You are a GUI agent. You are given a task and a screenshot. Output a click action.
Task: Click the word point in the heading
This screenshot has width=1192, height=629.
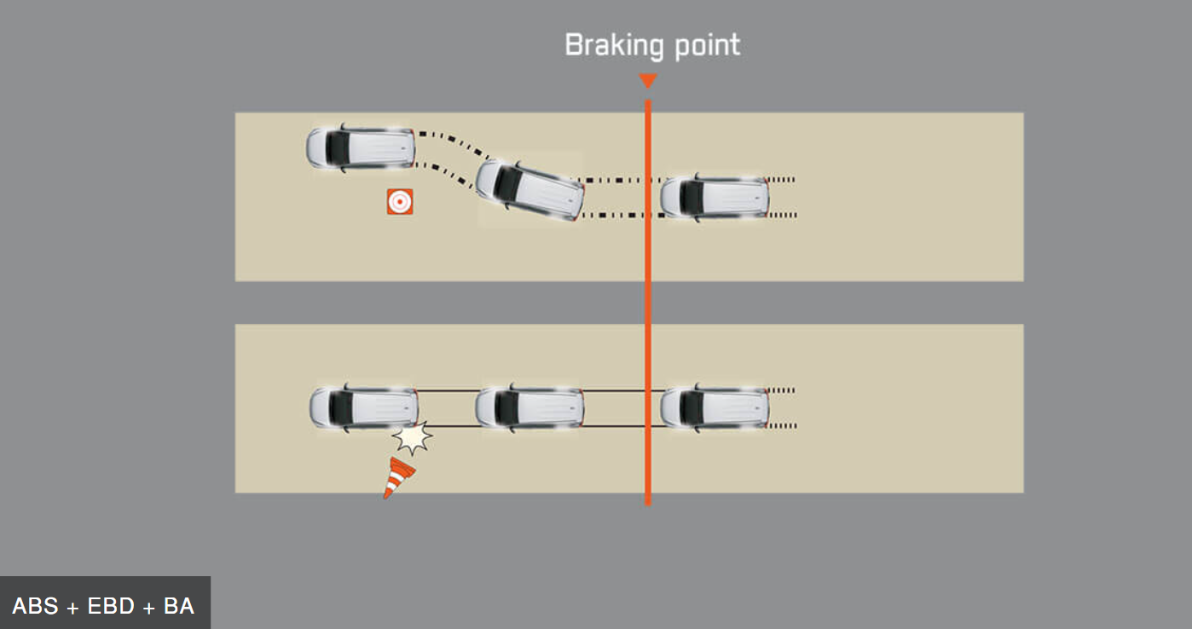pyautogui.click(x=707, y=46)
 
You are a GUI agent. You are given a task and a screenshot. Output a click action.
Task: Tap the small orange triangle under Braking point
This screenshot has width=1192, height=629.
pyautogui.click(x=648, y=81)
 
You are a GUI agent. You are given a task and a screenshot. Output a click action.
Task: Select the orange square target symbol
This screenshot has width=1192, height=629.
pyautogui.click(x=400, y=202)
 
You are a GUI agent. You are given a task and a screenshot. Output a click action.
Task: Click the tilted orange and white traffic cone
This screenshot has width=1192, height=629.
pyautogui.click(x=397, y=477)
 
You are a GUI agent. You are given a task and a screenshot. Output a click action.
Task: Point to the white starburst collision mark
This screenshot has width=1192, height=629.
pyautogui.click(x=413, y=438)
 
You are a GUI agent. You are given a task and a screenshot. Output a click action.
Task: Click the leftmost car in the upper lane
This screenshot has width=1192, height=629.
pyautogui.click(x=361, y=147)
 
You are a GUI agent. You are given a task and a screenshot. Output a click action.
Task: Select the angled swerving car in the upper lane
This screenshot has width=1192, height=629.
pyautogui.click(x=530, y=189)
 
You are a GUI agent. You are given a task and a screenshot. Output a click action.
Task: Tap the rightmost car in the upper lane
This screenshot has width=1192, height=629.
pyautogui.click(x=715, y=197)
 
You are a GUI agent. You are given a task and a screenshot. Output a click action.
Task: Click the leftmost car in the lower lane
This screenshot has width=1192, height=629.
pyautogui.click(x=363, y=407)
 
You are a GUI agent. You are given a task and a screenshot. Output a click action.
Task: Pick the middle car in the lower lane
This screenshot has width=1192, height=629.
pyautogui.click(x=529, y=407)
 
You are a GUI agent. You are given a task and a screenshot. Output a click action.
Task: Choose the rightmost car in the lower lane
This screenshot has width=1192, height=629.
pyautogui.click(x=715, y=407)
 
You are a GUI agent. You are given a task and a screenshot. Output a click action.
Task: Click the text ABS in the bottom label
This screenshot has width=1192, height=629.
pyautogui.click(x=36, y=607)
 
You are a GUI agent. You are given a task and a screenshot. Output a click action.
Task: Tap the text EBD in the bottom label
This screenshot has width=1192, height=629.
pyautogui.click(x=111, y=607)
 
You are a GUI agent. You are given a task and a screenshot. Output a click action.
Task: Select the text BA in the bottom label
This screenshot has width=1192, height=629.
pyautogui.click(x=179, y=607)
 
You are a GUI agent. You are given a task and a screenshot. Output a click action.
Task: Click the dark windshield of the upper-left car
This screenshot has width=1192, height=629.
pyautogui.click(x=338, y=147)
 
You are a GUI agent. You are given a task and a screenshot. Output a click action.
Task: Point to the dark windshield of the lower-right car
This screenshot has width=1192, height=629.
pyautogui.click(x=692, y=407)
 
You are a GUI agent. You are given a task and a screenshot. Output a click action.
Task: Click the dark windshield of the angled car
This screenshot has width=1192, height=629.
pyautogui.click(x=510, y=182)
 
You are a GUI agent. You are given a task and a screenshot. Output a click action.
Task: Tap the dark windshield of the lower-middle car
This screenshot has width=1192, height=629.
pyautogui.click(x=506, y=407)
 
